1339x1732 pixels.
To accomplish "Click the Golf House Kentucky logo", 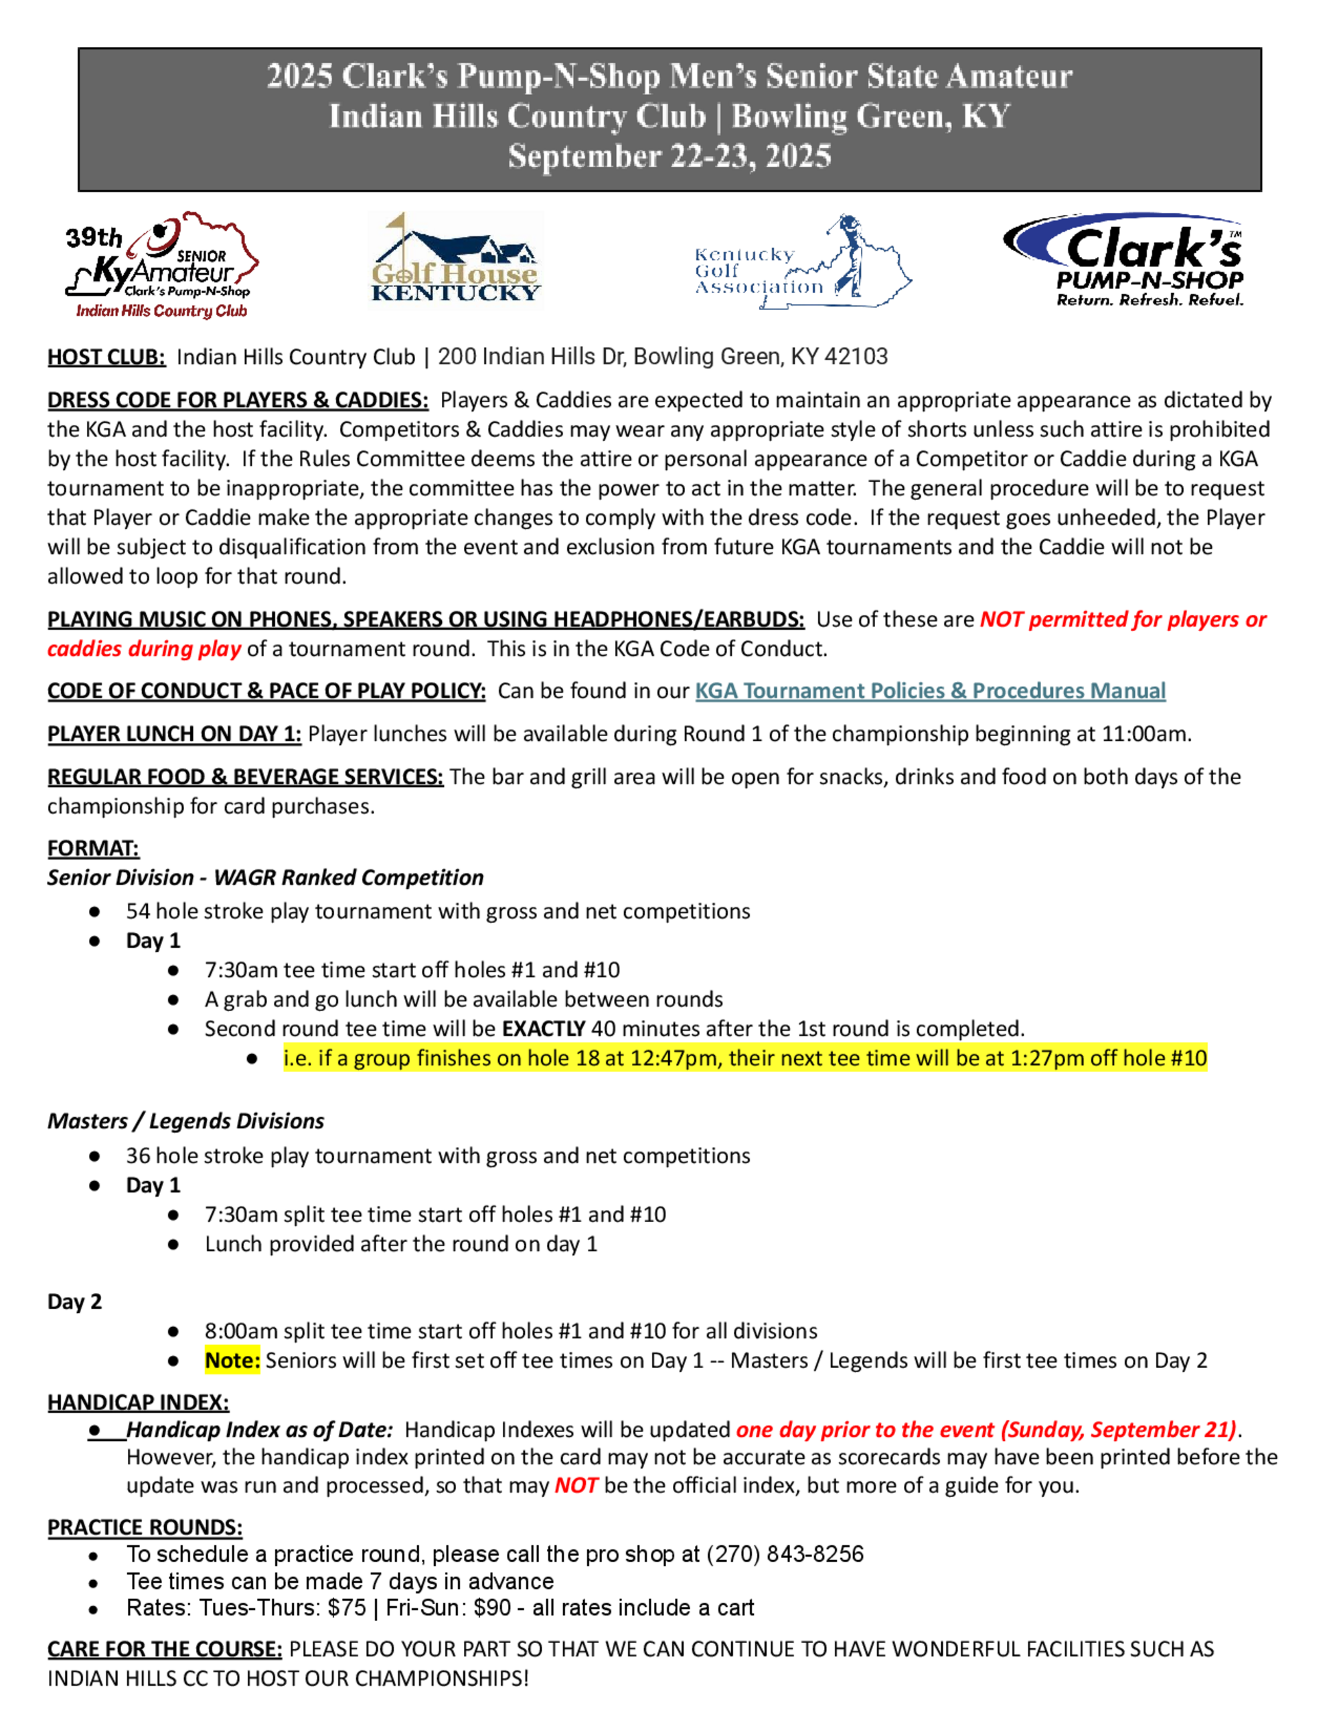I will pyautogui.click(x=455, y=259).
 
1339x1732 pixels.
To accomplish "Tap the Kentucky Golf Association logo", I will pyautogui.click(x=802, y=262).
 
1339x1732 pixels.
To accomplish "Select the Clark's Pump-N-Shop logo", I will pyautogui.click(x=1124, y=260).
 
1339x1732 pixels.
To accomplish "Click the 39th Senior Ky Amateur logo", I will pyautogui.click(x=163, y=266).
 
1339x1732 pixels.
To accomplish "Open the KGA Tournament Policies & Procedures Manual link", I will pyautogui.click(x=930, y=691).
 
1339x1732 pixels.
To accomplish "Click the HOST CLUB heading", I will pyautogui.click(x=106, y=357).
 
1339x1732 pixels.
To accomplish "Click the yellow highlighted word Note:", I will pyautogui.click(x=232, y=1361).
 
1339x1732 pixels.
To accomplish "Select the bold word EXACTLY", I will pyautogui.click(x=544, y=1029).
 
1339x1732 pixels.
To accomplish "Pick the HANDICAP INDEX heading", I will pyautogui.click(x=138, y=1403).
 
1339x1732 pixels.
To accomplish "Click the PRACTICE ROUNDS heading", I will pyautogui.click(x=145, y=1527).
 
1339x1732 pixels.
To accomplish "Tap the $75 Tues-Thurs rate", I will pyautogui.click(x=347, y=1608).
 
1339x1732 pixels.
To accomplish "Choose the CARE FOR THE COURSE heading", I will pyautogui.click(x=164, y=1650).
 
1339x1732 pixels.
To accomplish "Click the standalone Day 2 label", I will pyautogui.click(x=74, y=1302).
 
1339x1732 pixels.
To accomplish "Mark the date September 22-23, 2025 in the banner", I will pyautogui.click(x=669, y=156).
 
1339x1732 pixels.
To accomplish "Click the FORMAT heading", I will pyautogui.click(x=93, y=849).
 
